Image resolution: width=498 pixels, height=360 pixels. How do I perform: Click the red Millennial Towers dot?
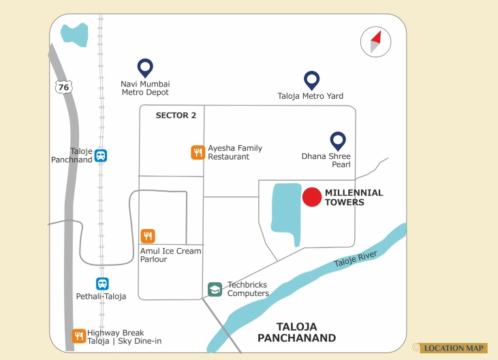[x=312, y=197]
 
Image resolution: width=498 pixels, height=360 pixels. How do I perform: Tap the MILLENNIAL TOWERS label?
[x=354, y=198]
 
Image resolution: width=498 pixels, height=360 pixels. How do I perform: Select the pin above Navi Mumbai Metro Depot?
[x=144, y=67]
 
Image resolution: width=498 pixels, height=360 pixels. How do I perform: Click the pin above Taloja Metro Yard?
[x=311, y=80]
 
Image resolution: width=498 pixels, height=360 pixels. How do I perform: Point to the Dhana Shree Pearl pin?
[x=338, y=140]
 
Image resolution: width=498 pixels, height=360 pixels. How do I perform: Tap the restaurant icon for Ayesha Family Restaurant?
[x=198, y=153]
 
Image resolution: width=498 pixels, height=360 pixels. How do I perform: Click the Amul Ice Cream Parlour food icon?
[x=148, y=236]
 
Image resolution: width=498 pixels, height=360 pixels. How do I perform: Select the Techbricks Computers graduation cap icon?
[x=215, y=289]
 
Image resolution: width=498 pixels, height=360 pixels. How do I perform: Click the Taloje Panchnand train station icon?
[x=101, y=155]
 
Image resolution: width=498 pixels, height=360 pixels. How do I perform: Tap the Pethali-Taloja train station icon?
[x=102, y=284]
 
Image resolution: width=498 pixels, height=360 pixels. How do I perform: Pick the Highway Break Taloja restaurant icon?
[x=79, y=336]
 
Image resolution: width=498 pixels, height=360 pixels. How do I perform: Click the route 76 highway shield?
[x=63, y=87]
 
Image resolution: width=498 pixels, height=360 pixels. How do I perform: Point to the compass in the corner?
[x=374, y=42]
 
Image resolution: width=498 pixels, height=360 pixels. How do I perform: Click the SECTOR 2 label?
[x=176, y=115]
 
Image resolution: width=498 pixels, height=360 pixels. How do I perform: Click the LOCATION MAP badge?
[x=453, y=348]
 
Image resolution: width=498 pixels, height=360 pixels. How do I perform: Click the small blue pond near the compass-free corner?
[x=74, y=34]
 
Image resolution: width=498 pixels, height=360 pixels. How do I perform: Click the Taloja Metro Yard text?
[x=311, y=96]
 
